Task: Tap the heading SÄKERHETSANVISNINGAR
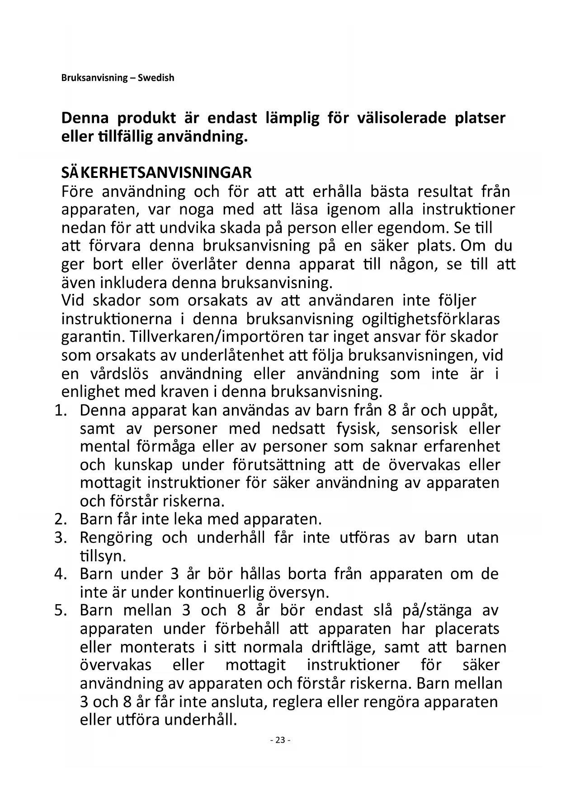tap(156, 172)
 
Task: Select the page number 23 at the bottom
tap(280, 740)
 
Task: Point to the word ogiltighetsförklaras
tap(431, 319)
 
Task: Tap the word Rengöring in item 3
tap(116, 538)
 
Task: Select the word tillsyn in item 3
tap(103, 556)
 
